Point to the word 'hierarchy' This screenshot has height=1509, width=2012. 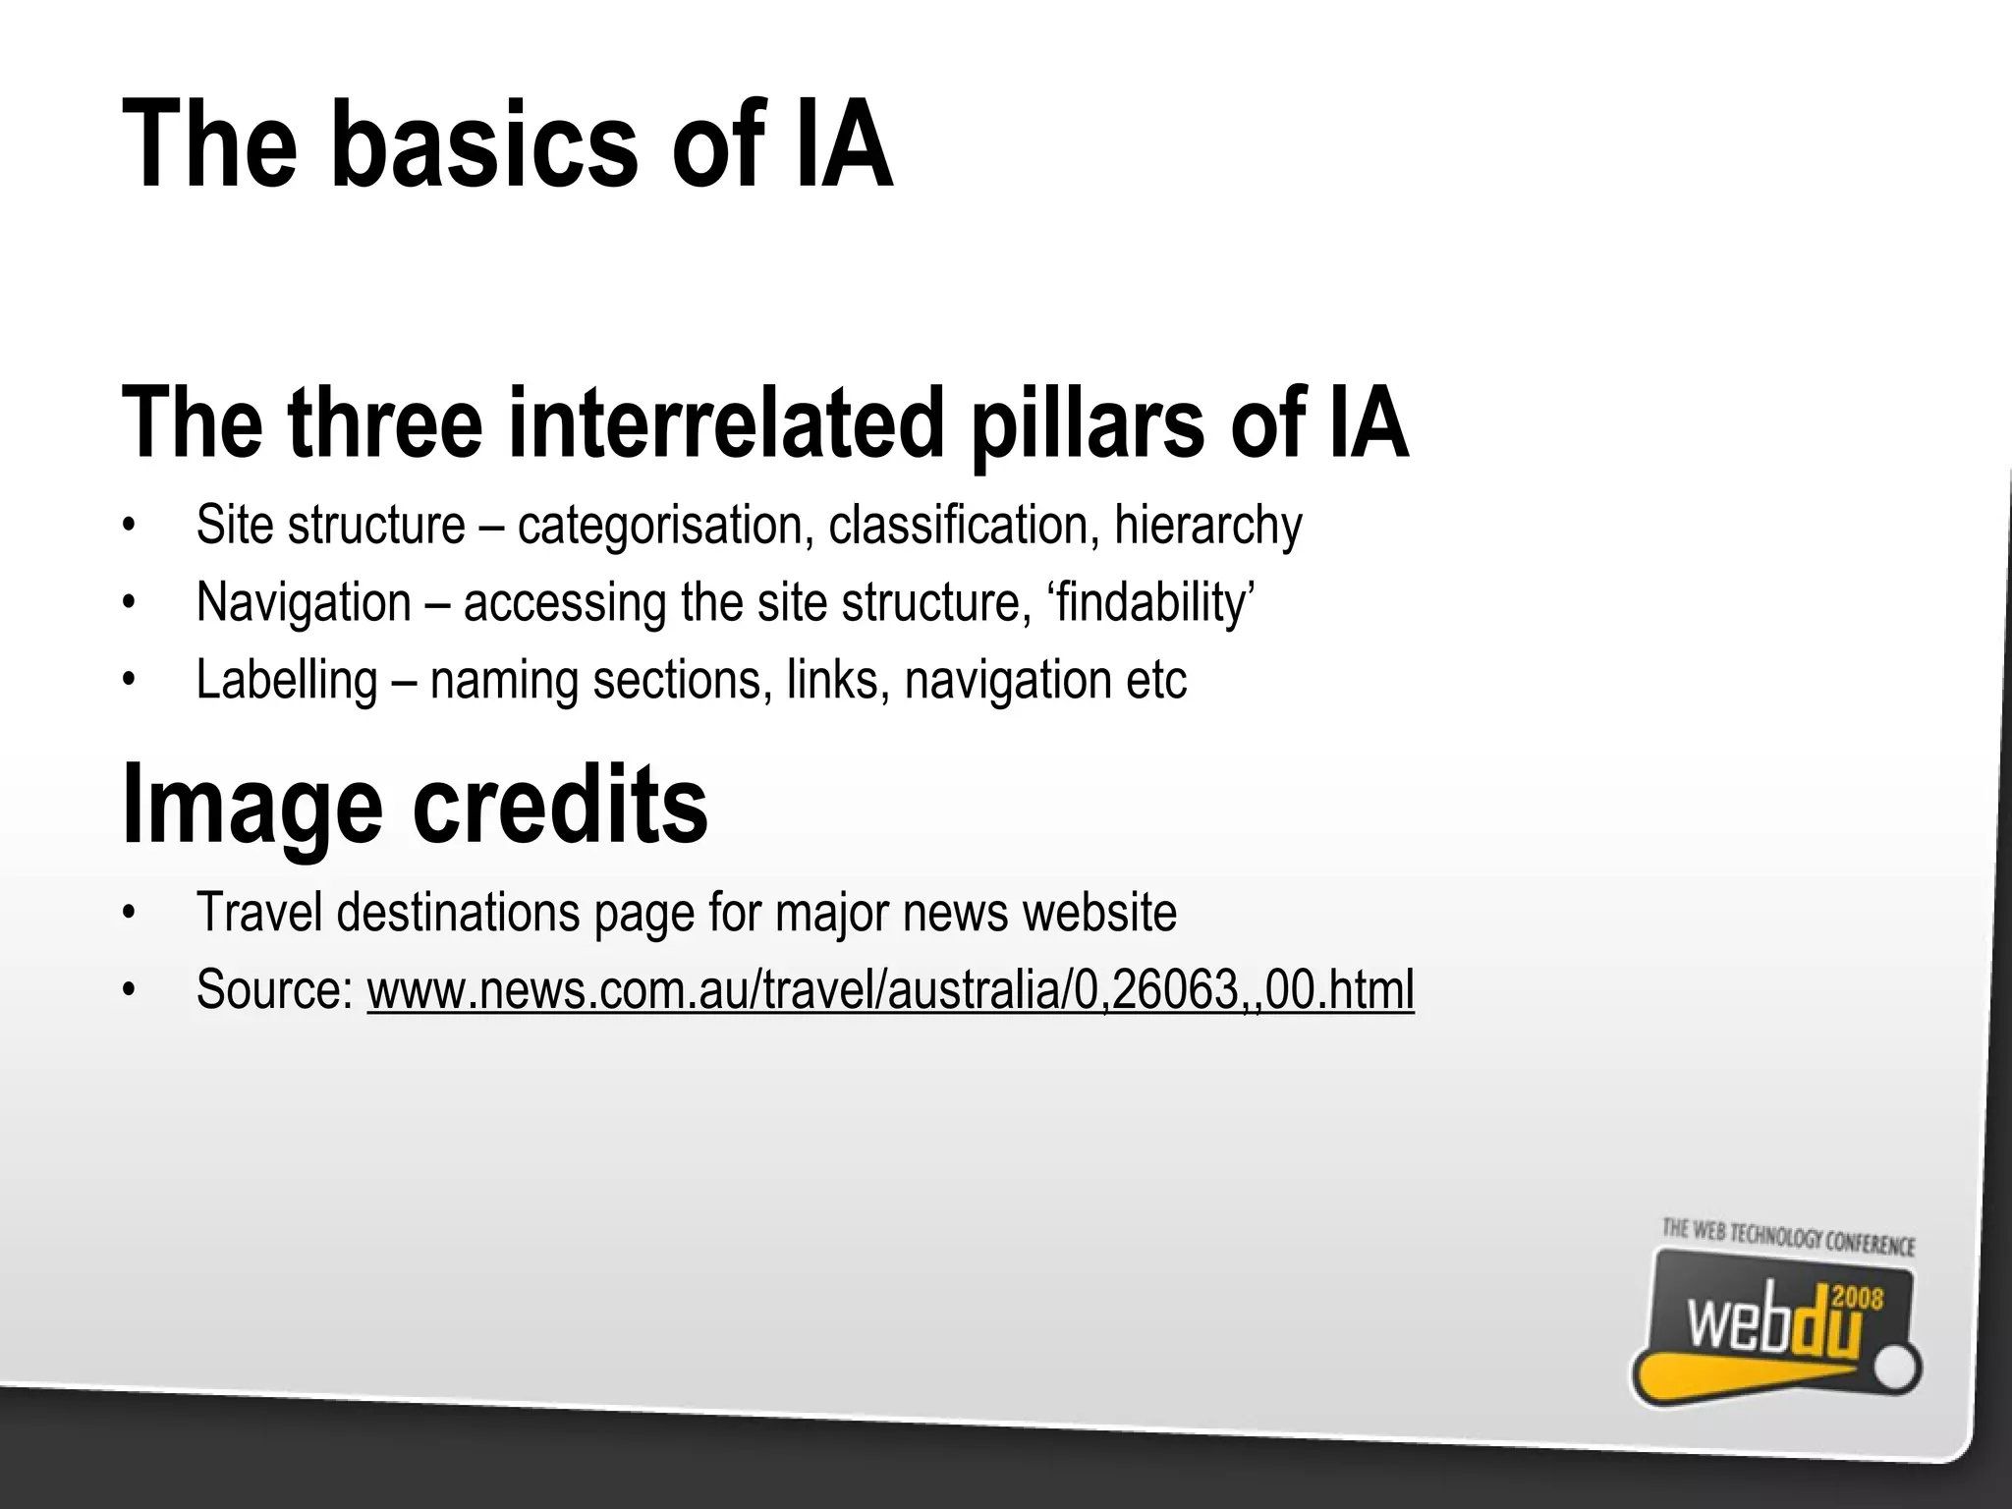pos(1207,526)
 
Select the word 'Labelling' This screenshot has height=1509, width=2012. pos(287,680)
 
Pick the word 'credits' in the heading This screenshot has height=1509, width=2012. pos(560,806)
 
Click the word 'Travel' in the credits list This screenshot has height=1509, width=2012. pos(259,912)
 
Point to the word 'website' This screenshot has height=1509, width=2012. pos(1099,912)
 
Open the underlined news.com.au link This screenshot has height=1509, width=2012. pos(890,989)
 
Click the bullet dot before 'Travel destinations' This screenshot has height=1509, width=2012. pos(127,914)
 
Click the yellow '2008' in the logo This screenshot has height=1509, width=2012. pos(1859,1299)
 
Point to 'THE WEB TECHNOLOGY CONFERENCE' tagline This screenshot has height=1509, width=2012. pos(1788,1238)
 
